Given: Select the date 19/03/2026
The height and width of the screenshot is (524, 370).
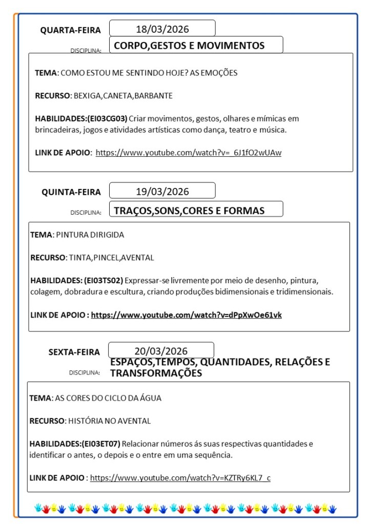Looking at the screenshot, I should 162,192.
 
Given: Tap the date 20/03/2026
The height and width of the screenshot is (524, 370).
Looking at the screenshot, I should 161,351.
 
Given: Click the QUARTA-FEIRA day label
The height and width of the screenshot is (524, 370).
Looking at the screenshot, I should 71,30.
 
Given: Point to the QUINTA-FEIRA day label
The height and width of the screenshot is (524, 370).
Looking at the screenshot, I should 71,192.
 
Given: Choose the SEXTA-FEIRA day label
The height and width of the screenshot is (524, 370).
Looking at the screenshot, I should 74,352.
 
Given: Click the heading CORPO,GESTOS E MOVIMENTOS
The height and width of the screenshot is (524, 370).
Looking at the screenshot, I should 189,46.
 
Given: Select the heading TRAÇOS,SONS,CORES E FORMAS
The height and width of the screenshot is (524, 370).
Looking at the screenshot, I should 189,211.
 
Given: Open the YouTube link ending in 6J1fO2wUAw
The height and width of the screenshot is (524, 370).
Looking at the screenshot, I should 189,152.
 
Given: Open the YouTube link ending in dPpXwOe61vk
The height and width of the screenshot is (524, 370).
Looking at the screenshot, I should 186,315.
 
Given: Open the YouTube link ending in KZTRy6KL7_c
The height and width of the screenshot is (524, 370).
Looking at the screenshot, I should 180,478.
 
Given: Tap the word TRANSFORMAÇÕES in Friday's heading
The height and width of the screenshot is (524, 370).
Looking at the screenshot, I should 156,373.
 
